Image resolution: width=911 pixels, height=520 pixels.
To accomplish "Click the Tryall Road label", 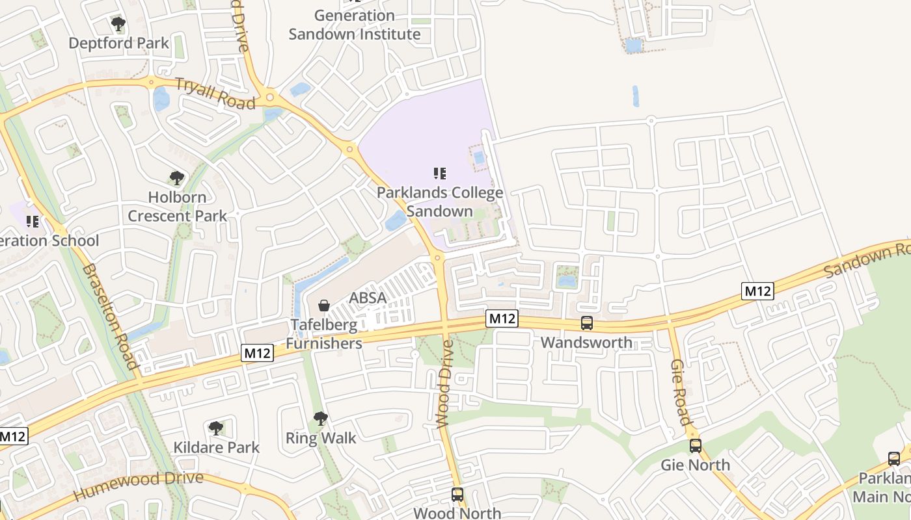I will [x=215, y=94].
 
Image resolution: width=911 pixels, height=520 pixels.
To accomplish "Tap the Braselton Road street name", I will [x=111, y=316].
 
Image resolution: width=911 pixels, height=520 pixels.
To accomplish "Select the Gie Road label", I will [x=680, y=391].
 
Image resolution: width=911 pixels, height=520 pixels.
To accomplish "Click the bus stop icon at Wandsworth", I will [x=587, y=323].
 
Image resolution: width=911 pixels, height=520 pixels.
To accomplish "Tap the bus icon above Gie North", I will [x=696, y=446].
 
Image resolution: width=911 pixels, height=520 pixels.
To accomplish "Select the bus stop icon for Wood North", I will [x=457, y=495].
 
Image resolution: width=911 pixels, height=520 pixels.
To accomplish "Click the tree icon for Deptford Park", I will [x=118, y=25].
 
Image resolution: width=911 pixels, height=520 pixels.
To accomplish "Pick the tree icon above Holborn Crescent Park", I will [x=176, y=178].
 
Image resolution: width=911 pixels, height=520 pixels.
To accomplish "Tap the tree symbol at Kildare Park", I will [x=216, y=428].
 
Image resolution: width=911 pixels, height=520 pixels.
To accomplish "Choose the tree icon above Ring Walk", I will [x=320, y=419].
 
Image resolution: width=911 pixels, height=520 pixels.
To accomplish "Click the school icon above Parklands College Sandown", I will [x=440, y=174].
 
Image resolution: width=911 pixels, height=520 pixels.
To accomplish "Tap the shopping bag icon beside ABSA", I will [x=323, y=305].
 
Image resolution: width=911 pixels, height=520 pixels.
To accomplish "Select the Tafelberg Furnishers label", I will [x=324, y=334].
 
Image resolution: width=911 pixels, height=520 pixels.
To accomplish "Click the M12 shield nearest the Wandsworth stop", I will [x=502, y=318].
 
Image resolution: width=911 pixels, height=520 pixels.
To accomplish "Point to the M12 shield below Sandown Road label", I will [x=757, y=291].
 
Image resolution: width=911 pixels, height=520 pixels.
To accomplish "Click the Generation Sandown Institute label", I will [x=355, y=25].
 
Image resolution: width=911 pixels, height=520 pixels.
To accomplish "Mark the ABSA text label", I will [x=368, y=298].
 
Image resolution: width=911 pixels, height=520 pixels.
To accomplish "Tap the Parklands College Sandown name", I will [x=440, y=202].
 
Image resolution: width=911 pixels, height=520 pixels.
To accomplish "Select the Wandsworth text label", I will [x=586, y=343].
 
